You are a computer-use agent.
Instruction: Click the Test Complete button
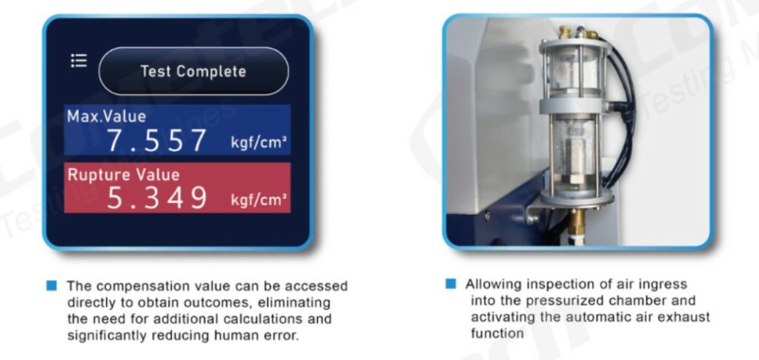tap(193, 71)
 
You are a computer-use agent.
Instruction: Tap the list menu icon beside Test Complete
tap(79, 61)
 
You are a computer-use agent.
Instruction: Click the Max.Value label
tap(107, 116)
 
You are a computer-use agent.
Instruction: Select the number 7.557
tap(156, 140)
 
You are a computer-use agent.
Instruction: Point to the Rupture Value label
tap(124, 174)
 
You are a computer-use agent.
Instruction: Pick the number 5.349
tap(156, 198)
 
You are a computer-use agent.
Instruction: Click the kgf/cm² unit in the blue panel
tap(259, 143)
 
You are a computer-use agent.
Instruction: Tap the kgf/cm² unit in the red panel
tap(259, 199)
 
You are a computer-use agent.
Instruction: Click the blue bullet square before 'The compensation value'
tap(51, 285)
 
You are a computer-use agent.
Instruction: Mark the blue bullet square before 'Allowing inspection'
tap(451, 284)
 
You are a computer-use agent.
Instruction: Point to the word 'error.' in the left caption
tap(281, 336)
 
